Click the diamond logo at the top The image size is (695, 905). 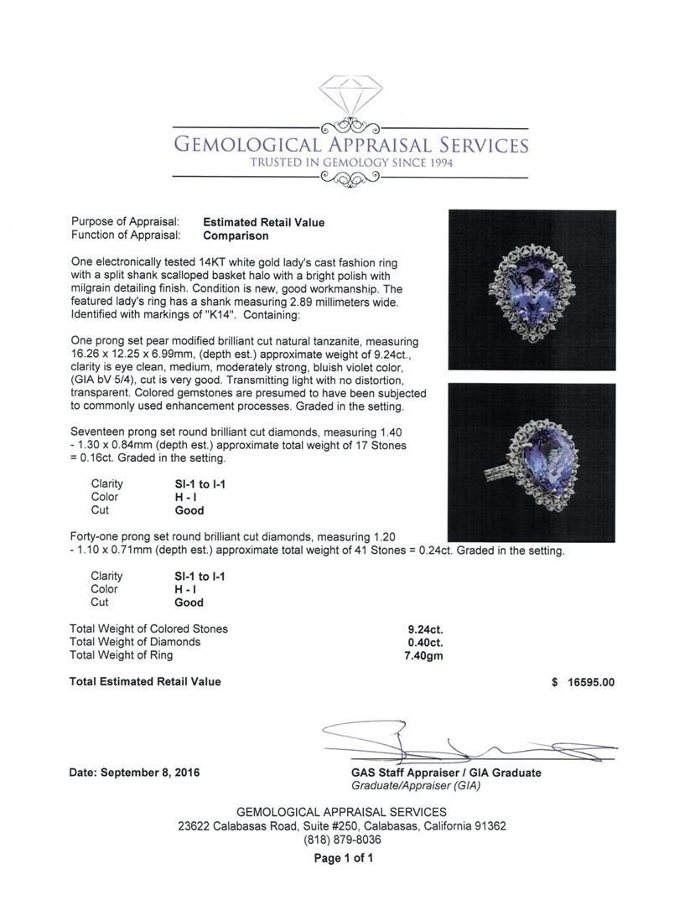point(350,101)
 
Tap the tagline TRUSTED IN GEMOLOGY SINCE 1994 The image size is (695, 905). point(350,163)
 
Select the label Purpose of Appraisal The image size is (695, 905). point(125,222)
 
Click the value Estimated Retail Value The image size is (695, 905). point(263,223)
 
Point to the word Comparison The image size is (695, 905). point(236,235)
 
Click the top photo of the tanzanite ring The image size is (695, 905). point(532,290)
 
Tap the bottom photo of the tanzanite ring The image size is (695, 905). point(532,463)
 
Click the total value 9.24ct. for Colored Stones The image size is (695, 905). point(426,628)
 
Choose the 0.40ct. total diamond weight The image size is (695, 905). point(426,642)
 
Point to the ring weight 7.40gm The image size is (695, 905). point(423,655)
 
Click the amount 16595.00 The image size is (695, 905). point(592,682)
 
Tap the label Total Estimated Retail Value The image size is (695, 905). point(145,681)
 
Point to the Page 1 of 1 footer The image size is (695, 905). point(343,858)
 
